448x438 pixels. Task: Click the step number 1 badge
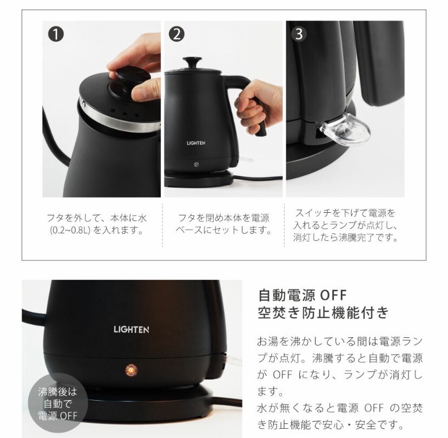pyautogui.click(x=56, y=34)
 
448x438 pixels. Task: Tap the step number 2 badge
pyautogui.click(x=176, y=34)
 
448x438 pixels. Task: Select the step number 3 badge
pyautogui.click(x=299, y=34)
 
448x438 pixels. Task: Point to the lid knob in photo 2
pyautogui.click(x=192, y=62)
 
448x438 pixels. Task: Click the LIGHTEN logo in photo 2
pyautogui.click(x=196, y=143)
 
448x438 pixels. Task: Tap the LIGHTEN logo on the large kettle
pyautogui.click(x=131, y=330)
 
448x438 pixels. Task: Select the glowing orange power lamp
pyautogui.click(x=131, y=370)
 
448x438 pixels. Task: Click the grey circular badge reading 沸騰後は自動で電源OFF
pyautogui.click(x=58, y=403)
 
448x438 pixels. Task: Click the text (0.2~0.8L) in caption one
pyautogui.click(x=70, y=231)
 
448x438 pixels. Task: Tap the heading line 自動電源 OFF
pyautogui.click(x=302, y=295)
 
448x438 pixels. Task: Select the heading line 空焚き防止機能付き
pyautogui.click(x=323, y=312)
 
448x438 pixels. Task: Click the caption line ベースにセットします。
pyautogui.click(x=223, y=231)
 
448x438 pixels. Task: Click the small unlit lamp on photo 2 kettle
pyautogui.click(x=196, y=164)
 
